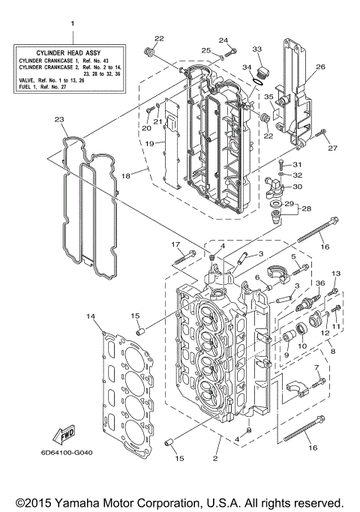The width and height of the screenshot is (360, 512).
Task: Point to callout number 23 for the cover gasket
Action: (59, 118)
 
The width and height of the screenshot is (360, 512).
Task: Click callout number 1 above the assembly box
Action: (73, 24)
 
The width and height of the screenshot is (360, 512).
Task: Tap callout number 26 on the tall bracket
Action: (320, 67)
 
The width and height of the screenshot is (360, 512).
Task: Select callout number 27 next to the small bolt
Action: (333, 148)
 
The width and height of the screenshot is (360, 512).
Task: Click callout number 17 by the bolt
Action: (175, 244)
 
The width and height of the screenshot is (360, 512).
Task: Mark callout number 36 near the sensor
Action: (320, 283)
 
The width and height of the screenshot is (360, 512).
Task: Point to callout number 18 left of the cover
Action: (125, 174)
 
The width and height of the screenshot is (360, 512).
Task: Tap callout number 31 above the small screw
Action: (297, 164)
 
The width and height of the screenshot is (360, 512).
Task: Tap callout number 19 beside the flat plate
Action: (149, 142)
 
